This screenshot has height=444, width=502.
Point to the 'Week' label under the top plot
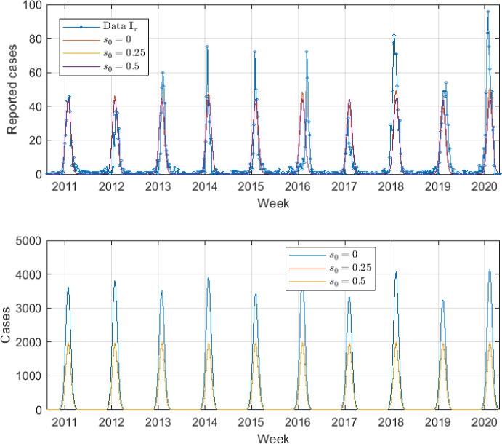tap(274, 203)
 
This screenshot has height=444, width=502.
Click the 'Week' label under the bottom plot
tap(274, 438)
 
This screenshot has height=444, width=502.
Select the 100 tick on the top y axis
tap(33, 5)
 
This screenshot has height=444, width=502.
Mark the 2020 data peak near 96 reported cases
tap(487, 12)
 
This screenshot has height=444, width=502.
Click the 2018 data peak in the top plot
tap(394, 35)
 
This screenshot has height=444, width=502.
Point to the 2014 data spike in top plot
tap(207, 47)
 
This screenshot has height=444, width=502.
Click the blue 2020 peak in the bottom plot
tap(489, 269)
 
